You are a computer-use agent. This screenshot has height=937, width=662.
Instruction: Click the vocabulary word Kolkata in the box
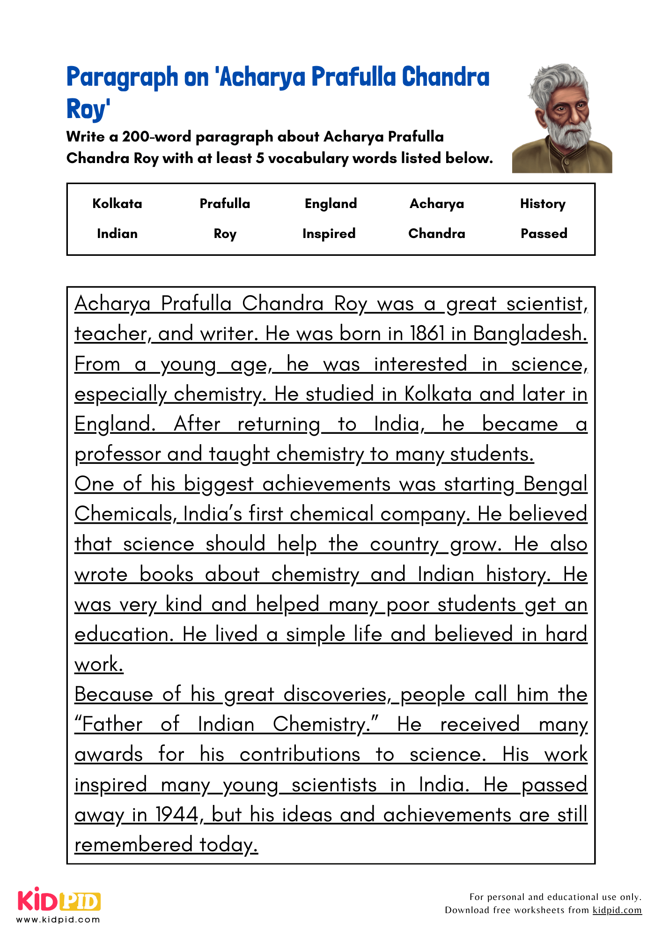pyautogui.click(x=117, y=204)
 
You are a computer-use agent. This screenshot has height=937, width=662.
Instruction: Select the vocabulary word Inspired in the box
pyautogui.click(x=329, y=234)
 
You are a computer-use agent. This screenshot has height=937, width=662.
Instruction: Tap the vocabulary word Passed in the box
pyautogui.click(x=544, y=233)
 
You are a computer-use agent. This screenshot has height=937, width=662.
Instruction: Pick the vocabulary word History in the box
pyautogui.click(x=543, y=204)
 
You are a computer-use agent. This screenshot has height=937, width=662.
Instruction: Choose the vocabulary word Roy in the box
pyautogui.click(x=225, y=234)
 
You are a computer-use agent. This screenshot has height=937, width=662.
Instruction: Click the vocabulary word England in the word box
pyautogui.click(x=331, y=204)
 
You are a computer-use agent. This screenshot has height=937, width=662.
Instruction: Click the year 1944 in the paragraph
pyautogui.click(x=177, y=815)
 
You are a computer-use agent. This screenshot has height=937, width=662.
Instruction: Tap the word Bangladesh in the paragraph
pyautogui.click(x=530, y=334)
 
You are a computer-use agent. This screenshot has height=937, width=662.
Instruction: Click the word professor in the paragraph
pyautogui.click(x=118, y=454)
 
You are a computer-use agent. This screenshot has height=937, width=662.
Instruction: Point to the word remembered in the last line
pyautogui.click(x=133, y=845)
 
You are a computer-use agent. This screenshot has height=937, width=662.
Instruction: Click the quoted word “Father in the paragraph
pyautogui.click(x=109, y=724)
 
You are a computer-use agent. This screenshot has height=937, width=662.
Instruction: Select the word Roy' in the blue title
pyautogui.click(x=88, y=109)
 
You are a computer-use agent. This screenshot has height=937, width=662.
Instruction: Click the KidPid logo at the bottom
pyautogui.click(x=59, y=900)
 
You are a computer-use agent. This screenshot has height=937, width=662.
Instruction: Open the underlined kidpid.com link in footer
pyautogui.click(x=617, y=910)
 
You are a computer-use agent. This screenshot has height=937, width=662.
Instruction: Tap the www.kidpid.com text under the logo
pyautogui.click(x=58, y=920)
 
